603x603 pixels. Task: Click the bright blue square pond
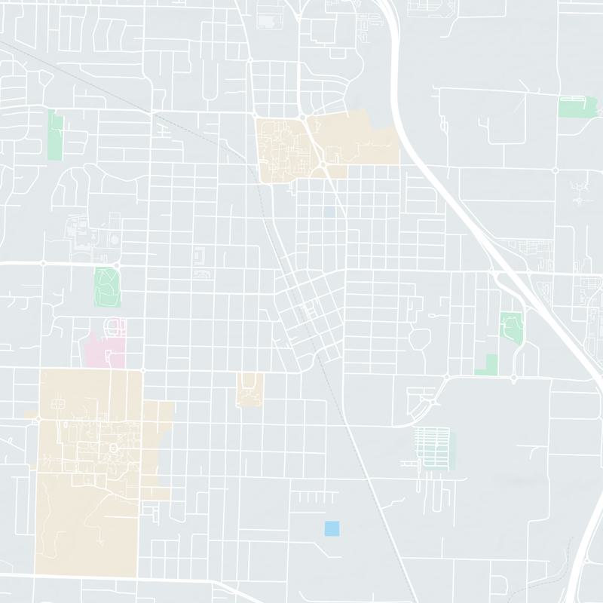pos(331,528)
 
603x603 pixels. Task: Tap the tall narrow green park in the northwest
pos(54,135)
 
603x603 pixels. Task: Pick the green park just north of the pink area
pos(107,286)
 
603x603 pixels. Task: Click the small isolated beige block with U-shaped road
pos(249,390)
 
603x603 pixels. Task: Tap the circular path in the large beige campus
pos(114,448)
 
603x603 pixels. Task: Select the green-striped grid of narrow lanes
pos(433,445)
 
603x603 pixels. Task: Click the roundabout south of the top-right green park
pos(556,170)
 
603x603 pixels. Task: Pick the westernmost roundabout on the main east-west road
pos(43,263)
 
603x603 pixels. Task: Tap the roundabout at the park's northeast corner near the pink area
pos(118,263)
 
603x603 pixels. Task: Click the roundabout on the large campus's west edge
pos(38,419)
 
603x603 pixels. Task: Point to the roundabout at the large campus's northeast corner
pos(142,370)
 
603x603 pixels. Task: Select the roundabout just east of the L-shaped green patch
pos(513,377)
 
